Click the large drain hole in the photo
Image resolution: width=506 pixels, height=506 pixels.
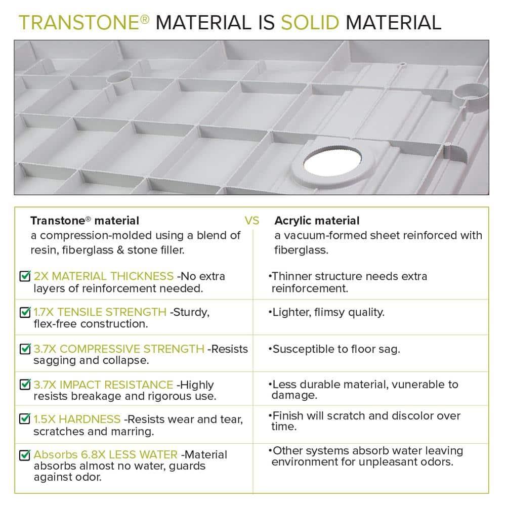329,164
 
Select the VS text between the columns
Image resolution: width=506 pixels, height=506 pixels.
252,221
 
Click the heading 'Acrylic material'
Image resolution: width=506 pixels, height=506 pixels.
317,221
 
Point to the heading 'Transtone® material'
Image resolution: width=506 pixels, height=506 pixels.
85,221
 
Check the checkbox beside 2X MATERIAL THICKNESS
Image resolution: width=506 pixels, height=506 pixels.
24,276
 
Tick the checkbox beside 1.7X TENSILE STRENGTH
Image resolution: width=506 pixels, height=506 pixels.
24,312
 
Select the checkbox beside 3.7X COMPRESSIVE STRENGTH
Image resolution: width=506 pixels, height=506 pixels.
24,349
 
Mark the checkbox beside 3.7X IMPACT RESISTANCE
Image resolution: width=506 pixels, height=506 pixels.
24,385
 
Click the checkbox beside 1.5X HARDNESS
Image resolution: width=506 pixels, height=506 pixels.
24,419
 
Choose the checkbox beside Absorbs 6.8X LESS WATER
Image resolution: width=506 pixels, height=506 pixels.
24,455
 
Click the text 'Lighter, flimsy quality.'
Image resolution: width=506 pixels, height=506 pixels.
328,312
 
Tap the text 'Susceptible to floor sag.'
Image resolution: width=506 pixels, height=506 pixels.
336,349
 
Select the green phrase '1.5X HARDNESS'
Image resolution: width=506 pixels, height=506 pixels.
77,419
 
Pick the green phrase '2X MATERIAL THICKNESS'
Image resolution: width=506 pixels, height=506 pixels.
103,276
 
